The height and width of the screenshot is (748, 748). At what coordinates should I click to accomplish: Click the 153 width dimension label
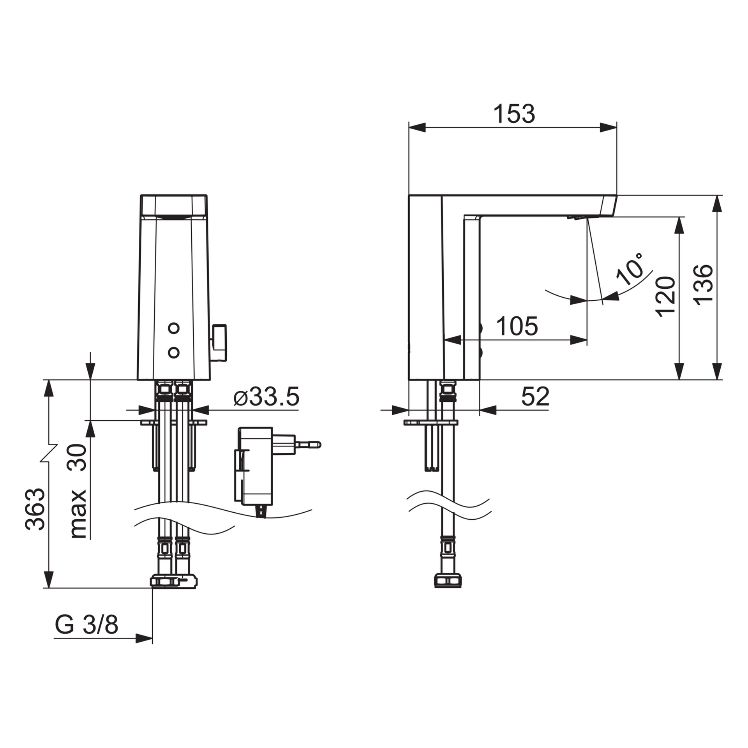point(514,114)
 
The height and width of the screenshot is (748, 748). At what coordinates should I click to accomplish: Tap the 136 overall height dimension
point(703,285)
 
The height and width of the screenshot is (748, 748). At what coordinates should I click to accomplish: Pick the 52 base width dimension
point(535,397)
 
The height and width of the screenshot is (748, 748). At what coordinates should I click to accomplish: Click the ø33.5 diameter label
point(266,397)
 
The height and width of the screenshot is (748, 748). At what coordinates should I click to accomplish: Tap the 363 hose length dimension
point(35,509)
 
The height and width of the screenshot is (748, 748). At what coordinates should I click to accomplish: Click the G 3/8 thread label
point(86,625)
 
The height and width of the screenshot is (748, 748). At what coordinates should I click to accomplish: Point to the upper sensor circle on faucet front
point(174,328)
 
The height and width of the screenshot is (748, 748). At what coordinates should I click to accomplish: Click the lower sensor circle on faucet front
point(174,353)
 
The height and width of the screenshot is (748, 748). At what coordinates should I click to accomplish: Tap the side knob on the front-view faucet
point(219,343)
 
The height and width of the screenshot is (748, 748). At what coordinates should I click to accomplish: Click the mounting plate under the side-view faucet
point(431,422)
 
